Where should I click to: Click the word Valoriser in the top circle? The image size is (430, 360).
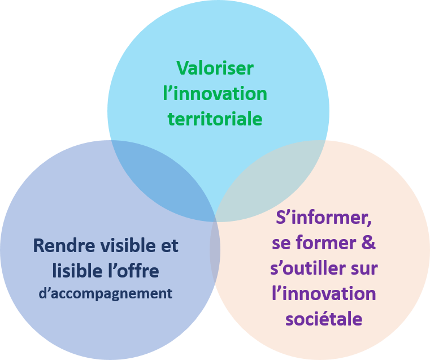(215, 68)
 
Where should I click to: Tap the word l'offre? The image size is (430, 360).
(134, 272)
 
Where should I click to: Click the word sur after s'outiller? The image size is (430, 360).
(364, 268)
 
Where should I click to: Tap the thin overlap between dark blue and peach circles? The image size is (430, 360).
(215, 254)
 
